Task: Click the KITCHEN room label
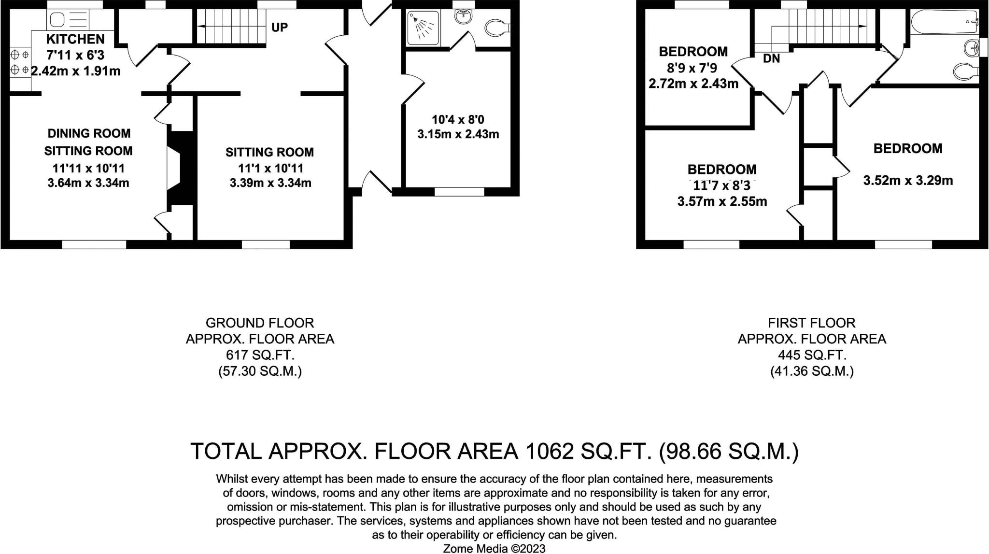pyautogui.click(x=75, y=39)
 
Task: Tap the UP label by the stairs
pyautogui.click(x=280, y=27)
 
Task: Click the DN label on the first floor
pyautogui.click(x=772, y=58)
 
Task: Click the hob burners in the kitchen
pyautogui.click(x=20, y=62)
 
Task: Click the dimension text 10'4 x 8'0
pyautogui.click(x=458, y=119)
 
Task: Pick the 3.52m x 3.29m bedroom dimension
pyautogui.click(x=908, y=181)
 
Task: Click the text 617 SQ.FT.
pyautogui.click(x=260, y=355)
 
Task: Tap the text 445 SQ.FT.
pyautogui.click(x=812, y=355)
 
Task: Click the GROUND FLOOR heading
pyautogui.click(x=260, y=323)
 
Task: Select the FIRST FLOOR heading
pyautogui.click(x=812, y=323)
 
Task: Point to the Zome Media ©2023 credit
pyautogui.click(x=494, y=548)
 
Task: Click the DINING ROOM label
pyautogui.click(x=89, y=133)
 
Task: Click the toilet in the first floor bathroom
pyautogui.click(x=966, y=72)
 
